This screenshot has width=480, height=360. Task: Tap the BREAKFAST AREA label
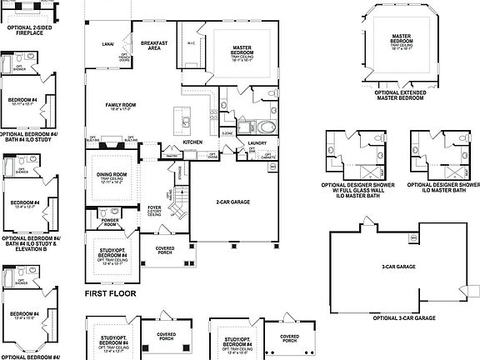154,45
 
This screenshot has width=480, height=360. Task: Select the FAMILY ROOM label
120,106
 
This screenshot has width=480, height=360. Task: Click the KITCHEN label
193,142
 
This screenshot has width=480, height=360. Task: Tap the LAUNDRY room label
257,142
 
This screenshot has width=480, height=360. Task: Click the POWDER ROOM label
109,222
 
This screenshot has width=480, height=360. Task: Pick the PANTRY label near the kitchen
172,155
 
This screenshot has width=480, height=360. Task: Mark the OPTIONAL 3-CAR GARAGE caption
403,318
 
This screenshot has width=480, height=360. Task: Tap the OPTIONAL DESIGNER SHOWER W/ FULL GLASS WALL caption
357,187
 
